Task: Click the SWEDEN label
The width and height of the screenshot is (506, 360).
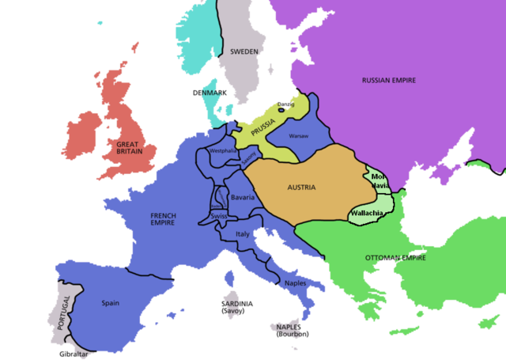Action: pos(244,51)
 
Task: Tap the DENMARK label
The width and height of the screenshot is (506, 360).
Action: pos(210,93)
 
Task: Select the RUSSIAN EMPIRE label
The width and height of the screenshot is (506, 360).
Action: pos(388,81)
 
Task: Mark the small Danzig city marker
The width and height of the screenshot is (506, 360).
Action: pos(284,111)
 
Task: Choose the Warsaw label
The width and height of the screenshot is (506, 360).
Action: pos(298,136)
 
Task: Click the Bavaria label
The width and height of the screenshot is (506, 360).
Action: pos(243,196)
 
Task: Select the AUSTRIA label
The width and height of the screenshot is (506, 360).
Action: pos(300,188)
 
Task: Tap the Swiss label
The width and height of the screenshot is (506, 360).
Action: pos(219,216)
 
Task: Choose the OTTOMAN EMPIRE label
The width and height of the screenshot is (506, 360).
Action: pos(396,259)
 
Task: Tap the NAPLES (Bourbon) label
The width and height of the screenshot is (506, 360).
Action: pos(292,330)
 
